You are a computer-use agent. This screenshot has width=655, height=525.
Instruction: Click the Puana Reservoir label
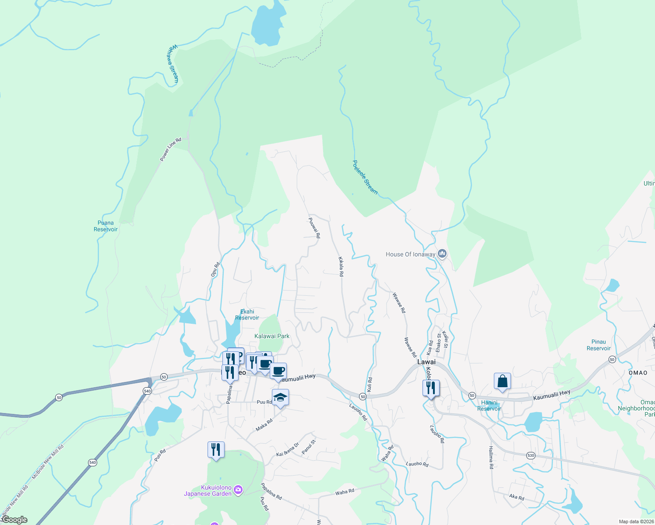(x=106, y=226)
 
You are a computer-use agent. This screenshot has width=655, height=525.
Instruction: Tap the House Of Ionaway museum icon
(x=442, y=253)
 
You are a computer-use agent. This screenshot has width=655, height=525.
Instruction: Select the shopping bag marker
(x=503, y=381)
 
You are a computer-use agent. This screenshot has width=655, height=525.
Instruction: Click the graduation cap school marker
(x=280, y=397)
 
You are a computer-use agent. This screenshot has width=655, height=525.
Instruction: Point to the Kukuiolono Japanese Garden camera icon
(x=238, y=490)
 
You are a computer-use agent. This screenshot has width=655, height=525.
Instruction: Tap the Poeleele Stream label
(x=365, y=177)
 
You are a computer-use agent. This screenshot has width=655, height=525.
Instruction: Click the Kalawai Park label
(x=272, y=336)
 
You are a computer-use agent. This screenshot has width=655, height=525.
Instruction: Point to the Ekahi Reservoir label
(x=247, y=315)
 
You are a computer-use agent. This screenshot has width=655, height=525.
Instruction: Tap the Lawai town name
(x=426, y=362)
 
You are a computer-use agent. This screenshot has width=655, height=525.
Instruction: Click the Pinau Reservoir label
(x=599, y=345)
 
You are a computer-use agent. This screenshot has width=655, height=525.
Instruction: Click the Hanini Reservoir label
(x=489, y=406)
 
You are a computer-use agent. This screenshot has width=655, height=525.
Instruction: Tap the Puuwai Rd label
(x=314, y=228)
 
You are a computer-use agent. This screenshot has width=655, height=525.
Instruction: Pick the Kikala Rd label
(x=341, y=266)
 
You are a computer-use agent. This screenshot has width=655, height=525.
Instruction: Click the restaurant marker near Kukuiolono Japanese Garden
(x=216, y=450)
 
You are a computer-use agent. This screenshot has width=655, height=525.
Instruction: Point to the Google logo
(x=14, y=520)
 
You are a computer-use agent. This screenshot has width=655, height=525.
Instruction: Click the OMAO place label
(x=637, y=373)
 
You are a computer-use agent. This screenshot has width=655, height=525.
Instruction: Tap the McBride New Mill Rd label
(x=48, y=462)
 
